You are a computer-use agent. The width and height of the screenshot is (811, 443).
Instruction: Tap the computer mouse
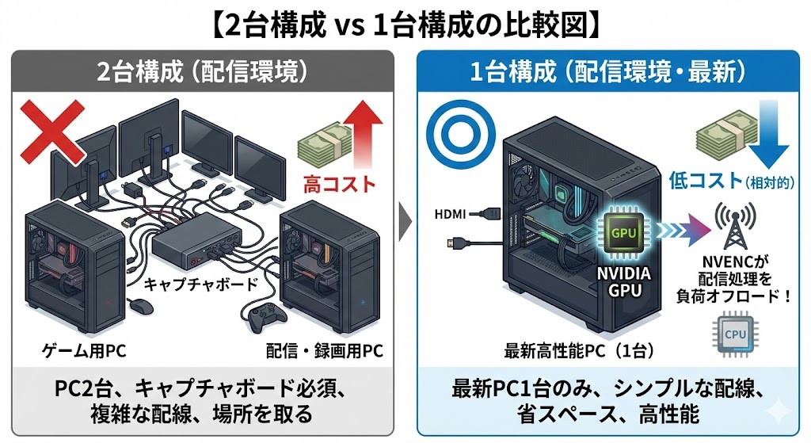pyautogui.click(x=139, y=305)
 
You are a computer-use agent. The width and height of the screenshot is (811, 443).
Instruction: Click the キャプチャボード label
pyautogui.click(x=188, y=282)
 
